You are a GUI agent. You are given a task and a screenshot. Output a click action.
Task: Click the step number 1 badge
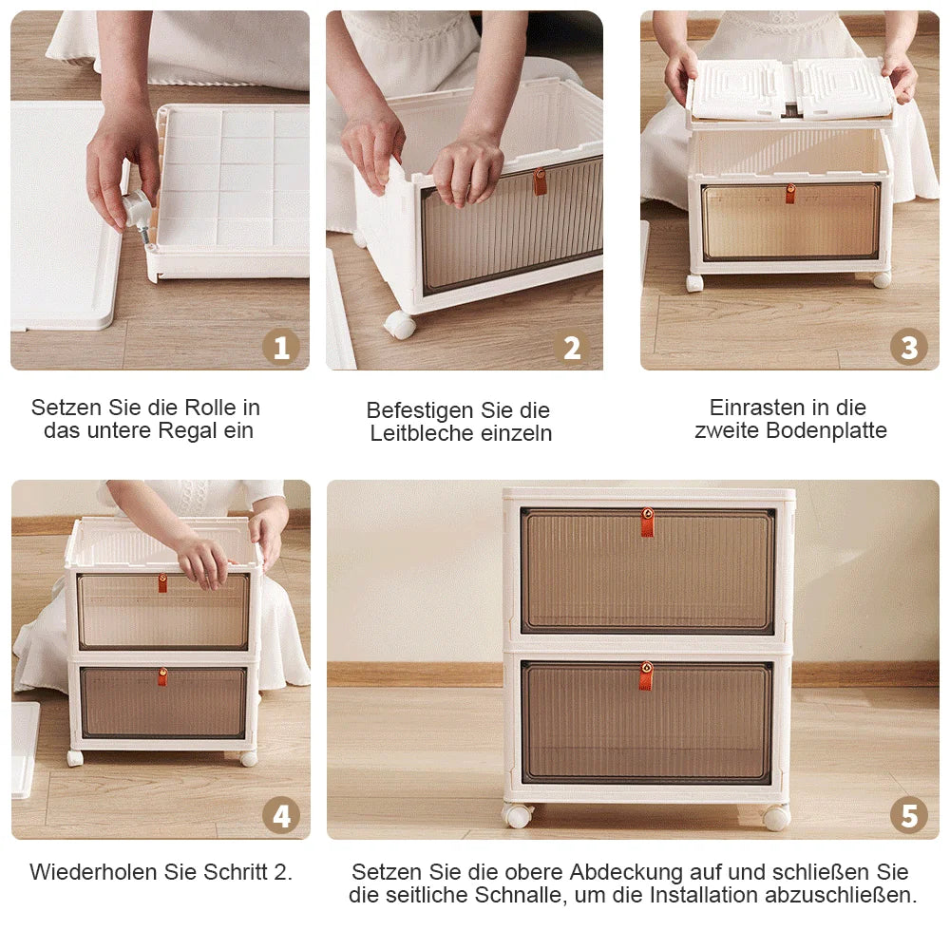pos(280,348)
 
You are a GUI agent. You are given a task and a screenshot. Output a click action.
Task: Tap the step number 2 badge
pos(572,348)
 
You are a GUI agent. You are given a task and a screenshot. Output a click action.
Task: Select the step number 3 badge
pos(909,348)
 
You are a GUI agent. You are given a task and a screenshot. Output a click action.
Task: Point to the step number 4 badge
pos(280,816)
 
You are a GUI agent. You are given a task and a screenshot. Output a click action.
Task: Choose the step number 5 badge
pos(909,816)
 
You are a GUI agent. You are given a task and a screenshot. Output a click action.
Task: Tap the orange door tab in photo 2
pos(540,181)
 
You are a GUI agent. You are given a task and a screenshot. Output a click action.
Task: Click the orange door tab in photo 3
pos(789,194)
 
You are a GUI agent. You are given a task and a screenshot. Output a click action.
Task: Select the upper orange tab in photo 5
pos(647,522)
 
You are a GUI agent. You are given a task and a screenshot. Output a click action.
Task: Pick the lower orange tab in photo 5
pos(646,675)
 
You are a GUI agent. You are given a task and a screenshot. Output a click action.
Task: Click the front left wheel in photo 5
pos(518,816)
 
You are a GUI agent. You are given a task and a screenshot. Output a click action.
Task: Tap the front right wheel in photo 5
pos(775,818)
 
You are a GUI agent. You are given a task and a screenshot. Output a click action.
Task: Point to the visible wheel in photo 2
pos(400,325)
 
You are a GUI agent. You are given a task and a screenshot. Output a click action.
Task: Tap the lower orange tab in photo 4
pos(162,676)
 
